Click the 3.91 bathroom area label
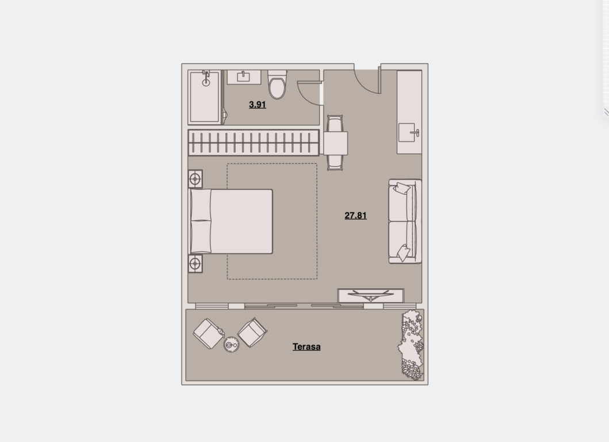tap(257, 105)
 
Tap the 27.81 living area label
tap(355, 215)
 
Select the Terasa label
tap(307, 347)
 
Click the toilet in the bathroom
tap(277, 85)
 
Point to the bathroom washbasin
tap(244, 77)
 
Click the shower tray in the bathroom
tap(205, 97)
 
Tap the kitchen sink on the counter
tap(408, 132)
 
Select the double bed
tap(231, 221)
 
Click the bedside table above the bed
tap(195, 179)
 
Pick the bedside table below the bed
tap(195, 264)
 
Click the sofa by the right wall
tap(405, 221)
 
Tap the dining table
tap(335, 143)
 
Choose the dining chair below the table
tap(335, 163)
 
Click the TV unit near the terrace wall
tap(370, 295)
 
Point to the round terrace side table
tap(232, 345)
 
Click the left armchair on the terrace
tap(209, 334)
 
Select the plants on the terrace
tap(411, 345)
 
